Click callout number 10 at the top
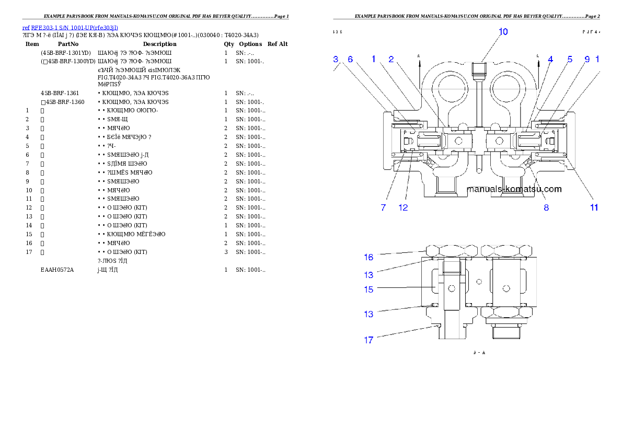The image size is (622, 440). pos(503,32)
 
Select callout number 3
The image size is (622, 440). pos(336,60)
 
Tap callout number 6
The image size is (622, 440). pos(350,60)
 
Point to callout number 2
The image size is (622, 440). pos(391,60)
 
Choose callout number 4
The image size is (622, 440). pos(550,60)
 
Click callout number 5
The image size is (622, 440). pos(570,60)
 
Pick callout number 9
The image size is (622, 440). pos(587,60)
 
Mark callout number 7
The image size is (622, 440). pos(383,207)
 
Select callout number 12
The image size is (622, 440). pos(403,207)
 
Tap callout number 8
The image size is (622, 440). pos(546,207)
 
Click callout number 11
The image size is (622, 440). pos(594,207)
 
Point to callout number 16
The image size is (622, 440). pos(368,257)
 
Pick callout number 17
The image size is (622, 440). pos(368,340)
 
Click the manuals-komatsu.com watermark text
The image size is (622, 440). pos(514,189)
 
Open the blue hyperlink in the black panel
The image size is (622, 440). pos(70,28)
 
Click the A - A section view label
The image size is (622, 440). pos(479,353)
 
